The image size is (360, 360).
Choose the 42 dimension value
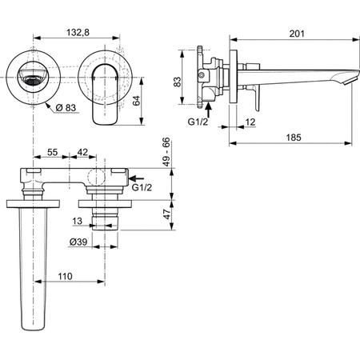click(83, 151)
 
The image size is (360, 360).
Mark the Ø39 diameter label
click(78, 242)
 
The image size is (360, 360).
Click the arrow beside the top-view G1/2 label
click(137, 180)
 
